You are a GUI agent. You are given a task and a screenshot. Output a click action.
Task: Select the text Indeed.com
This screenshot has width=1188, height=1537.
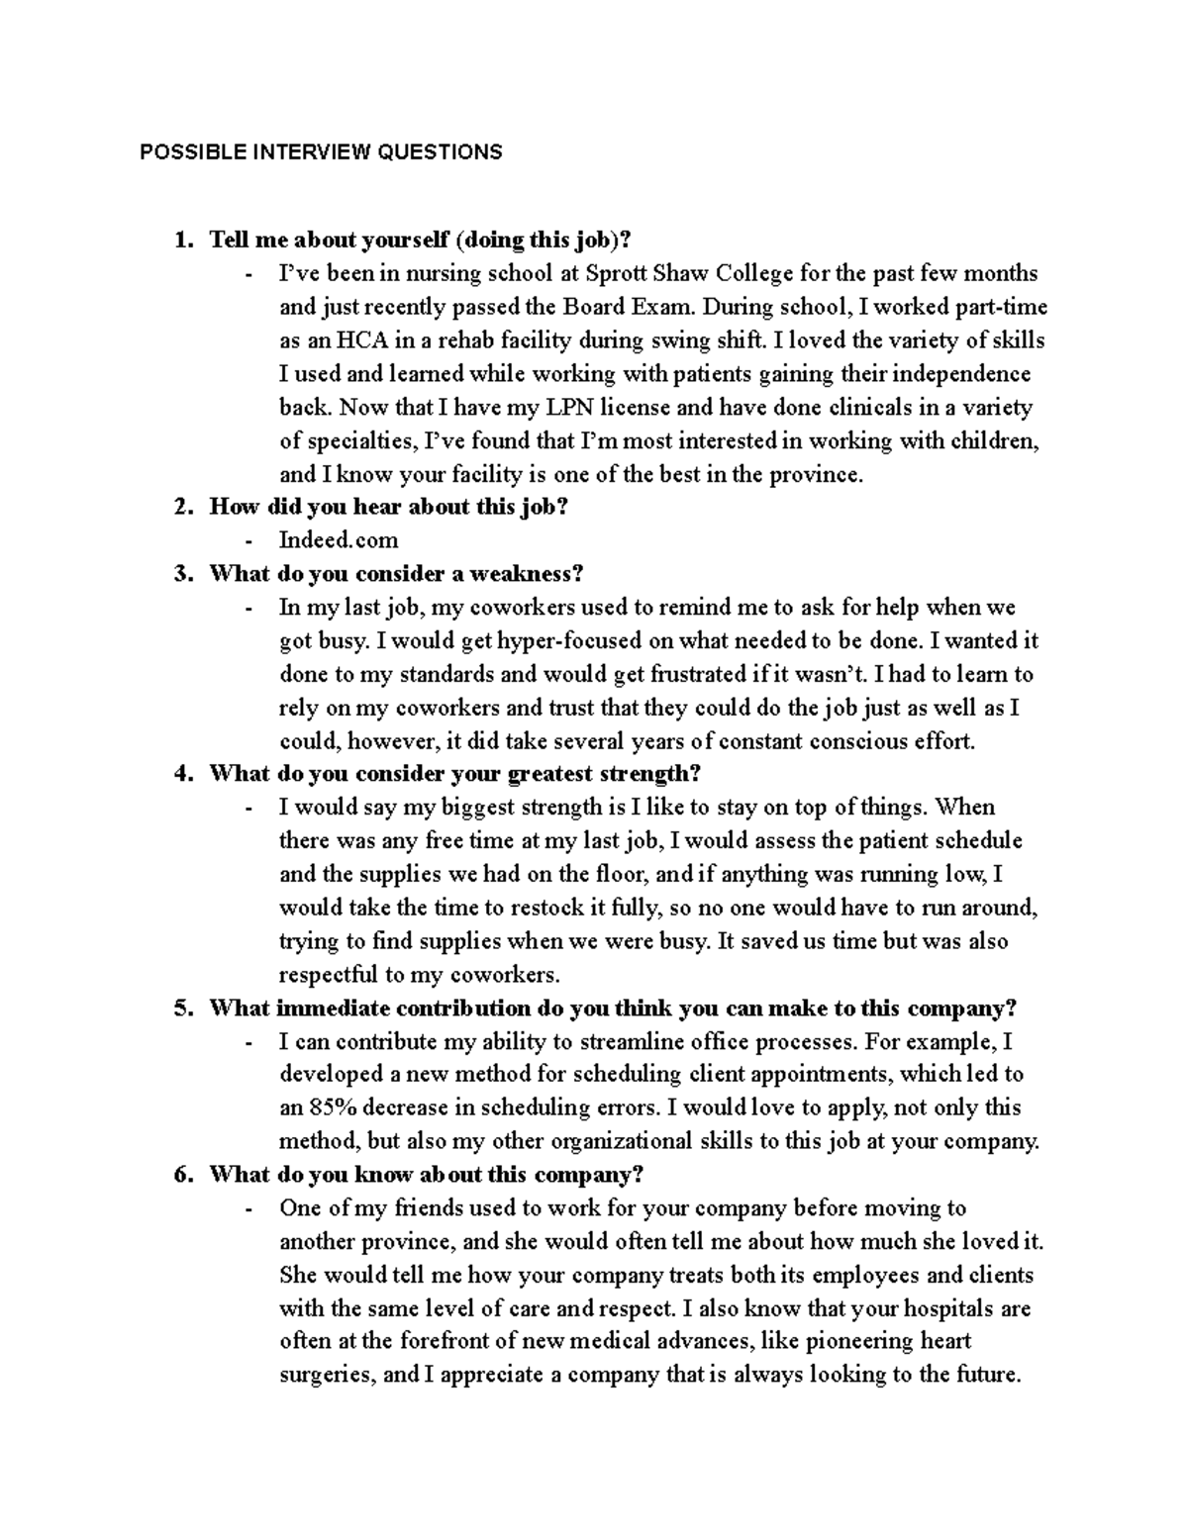pos(339,540)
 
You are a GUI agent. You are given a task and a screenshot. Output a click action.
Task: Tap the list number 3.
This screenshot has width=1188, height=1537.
pos(180,574)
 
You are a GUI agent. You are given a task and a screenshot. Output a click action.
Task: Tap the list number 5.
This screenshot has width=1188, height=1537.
pos(180,1009)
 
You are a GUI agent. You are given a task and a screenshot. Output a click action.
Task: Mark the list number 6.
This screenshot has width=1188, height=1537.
pos(180,1175)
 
